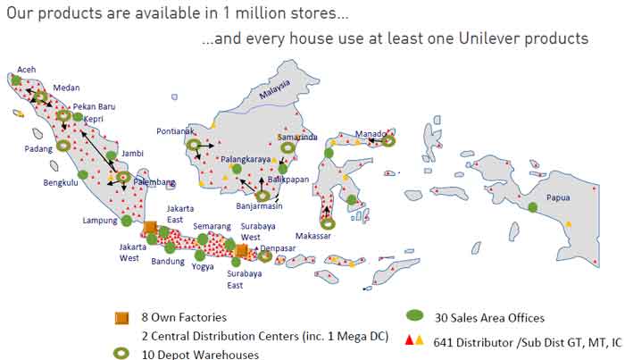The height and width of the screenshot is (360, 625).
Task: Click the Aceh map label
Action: tap(28, 69)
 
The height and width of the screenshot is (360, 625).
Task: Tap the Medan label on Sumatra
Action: tap(66, 88)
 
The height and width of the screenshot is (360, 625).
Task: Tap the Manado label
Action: tap(370, 133)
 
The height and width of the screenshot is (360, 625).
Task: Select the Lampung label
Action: tap(100, 220)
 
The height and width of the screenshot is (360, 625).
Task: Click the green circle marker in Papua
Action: tap(533, 207)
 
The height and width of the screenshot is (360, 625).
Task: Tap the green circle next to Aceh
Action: tap(16, 80)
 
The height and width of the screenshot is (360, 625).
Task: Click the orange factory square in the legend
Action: tap(121, 318)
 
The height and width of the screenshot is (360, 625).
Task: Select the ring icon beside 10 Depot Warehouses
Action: tap(121, 354)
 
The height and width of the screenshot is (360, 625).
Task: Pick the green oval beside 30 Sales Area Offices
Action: tap(413, 316)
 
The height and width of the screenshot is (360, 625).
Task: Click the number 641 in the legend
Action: tap(444, 341)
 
